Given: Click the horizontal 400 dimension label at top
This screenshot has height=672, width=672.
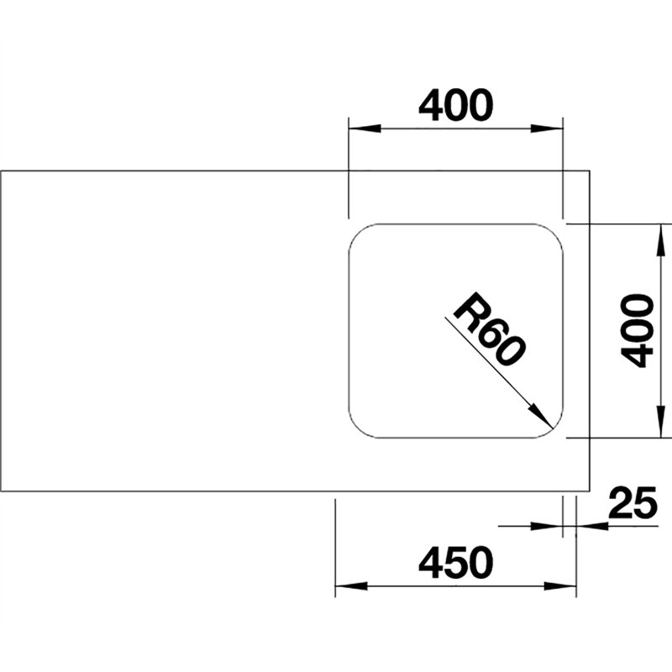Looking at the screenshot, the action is tap(455, 104).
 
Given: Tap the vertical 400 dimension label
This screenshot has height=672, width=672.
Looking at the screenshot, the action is tap(638, 330).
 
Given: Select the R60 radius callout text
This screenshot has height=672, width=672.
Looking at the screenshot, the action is tap(489, 329).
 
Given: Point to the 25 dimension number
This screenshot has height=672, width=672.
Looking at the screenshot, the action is tap(633, 501).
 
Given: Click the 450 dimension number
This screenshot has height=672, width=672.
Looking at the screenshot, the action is tap(455, 562).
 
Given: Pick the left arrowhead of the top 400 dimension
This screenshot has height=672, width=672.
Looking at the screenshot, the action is tap(365, 129).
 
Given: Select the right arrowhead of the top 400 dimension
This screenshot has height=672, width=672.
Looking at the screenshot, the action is tap(547, 129).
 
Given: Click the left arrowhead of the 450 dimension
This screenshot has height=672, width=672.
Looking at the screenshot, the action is tap(351, 586).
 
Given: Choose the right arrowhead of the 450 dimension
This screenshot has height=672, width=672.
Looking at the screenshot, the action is tap(560, 586).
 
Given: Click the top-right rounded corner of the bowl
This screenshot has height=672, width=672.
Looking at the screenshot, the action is tap(554, 234).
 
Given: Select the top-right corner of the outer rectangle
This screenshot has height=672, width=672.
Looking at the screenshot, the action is tap(590, 171).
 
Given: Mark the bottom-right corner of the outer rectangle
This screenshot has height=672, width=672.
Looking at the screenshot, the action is tap(590, 491).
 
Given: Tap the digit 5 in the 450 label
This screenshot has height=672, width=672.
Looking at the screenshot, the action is tap(456, 562).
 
